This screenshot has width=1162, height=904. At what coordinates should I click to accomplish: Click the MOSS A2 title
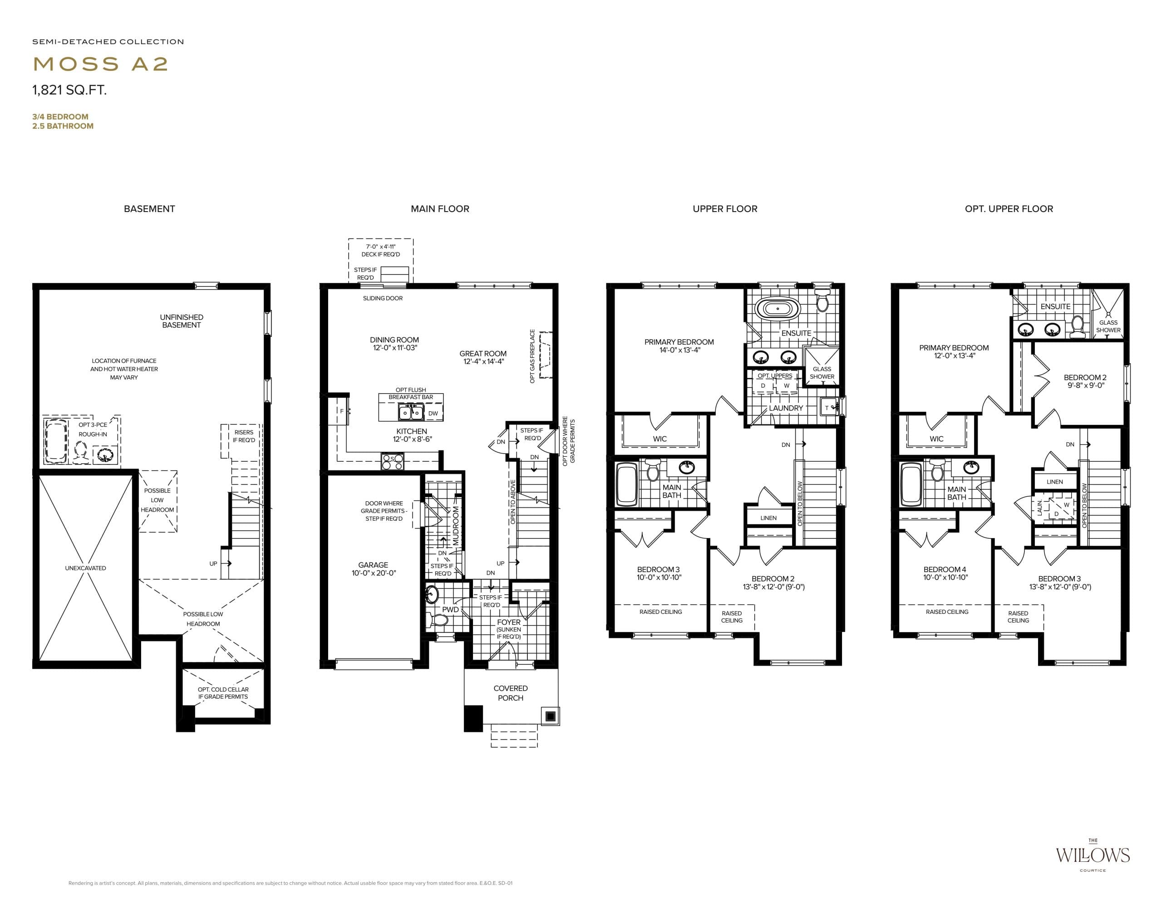pyautogui.click(x=101, y=64)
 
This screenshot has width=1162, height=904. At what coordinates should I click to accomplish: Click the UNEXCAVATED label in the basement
pyautogui.click(x=86, y=568)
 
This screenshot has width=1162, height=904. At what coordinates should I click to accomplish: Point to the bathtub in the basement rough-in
pyautogui.click(x=56, y=441)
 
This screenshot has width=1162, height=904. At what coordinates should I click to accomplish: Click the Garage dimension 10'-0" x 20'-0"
pyautogui.click(x=374, y=573)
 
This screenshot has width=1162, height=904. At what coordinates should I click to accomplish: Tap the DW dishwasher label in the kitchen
pyautogui.click(x=433, y=414)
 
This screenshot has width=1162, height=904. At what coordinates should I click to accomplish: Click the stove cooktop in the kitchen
pyautogui.click(x=392, y=461)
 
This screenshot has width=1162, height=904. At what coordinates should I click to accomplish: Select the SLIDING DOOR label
pyautogui.click(x=383, y=298)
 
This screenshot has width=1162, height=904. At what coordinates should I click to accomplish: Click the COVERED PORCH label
pyautogui.click(x=510, y=693)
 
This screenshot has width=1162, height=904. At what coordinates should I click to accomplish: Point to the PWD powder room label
pyautogui.click(x=450, y=610)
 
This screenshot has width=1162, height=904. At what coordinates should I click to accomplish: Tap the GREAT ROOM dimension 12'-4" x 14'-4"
pyautogui.click(x=483, y=362)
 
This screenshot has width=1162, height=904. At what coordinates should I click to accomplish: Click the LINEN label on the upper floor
pyautogui.click(x=768, y=518)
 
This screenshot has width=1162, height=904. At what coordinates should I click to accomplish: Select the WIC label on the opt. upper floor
pyautogui.click(x=936, y=439)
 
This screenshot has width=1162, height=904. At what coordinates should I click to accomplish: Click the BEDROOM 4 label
pyautogui.click(x=945, y=569)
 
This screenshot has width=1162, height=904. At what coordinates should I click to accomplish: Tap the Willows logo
pyautogui.click(x=1092, y=870)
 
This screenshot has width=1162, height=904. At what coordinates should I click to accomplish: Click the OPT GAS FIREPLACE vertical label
pyautogui.click(x=532, y=356)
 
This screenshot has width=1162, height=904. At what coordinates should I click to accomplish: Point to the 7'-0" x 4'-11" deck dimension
pyautogui.click(x=380, y=247)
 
